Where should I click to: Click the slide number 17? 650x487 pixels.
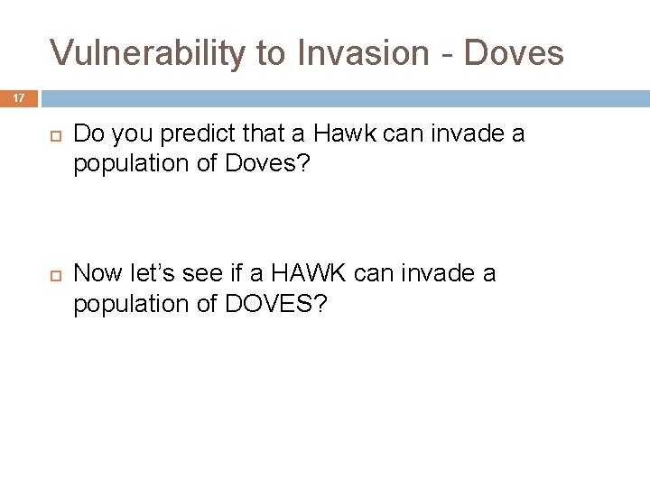pyautogui.click(x=19, y=98)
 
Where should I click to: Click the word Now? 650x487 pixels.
pyautogui.click(x=96, y=273)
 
